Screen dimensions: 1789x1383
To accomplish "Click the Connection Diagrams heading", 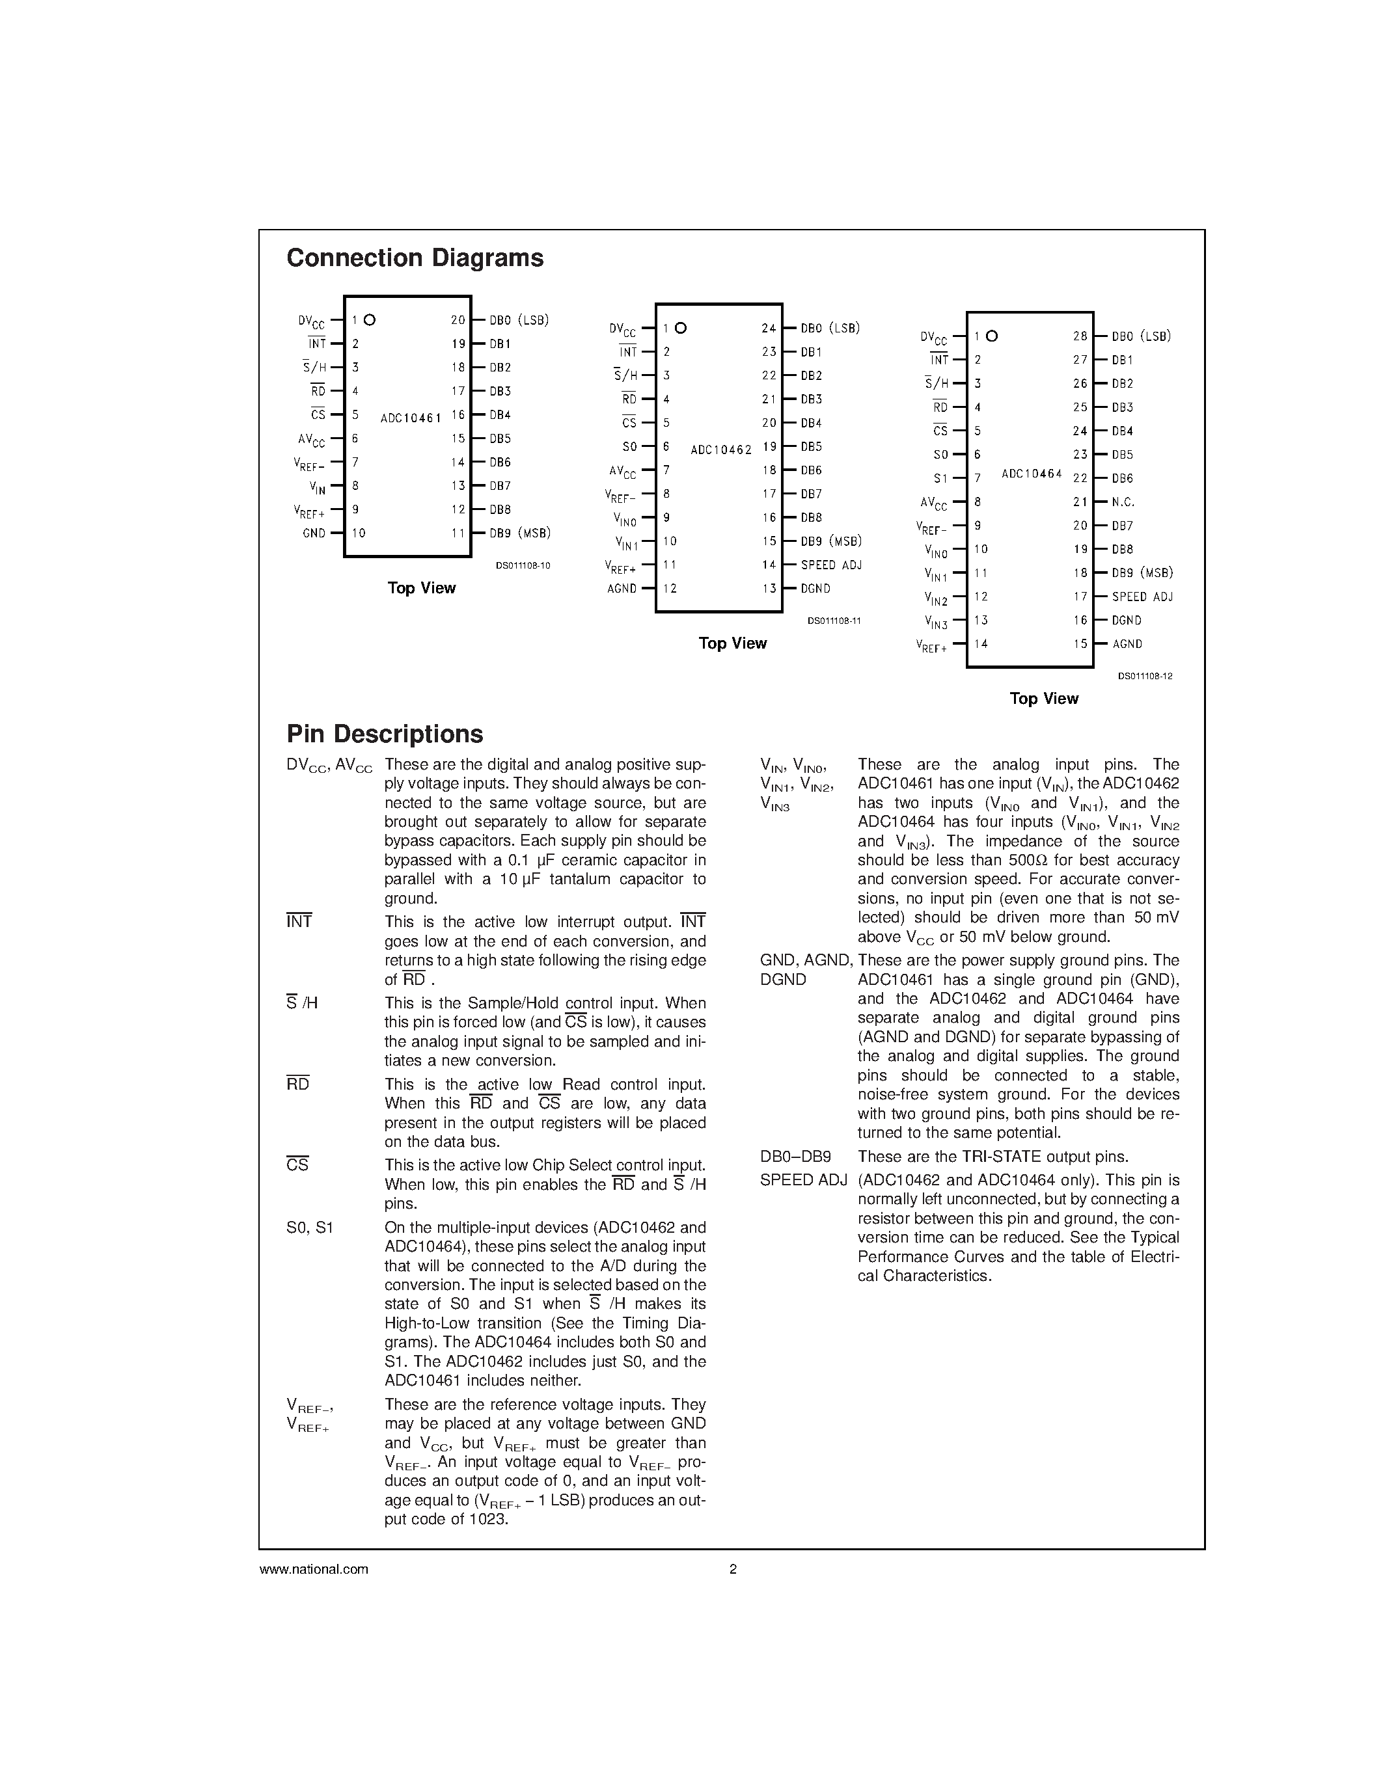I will [415, 258].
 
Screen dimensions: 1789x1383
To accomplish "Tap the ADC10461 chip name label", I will [411, 418].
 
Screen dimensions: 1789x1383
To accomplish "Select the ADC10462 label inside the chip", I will [721, 450].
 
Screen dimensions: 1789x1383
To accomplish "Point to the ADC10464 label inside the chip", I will [1032, 474].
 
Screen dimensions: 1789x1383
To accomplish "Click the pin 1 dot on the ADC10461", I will [370, 320].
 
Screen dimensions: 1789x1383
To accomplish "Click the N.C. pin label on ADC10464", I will [1123, 502].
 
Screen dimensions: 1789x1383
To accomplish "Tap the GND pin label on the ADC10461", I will [314, 533].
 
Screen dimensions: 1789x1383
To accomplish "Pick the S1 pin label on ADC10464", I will [940, 478].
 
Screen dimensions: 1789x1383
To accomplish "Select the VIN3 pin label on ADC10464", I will [936, 623].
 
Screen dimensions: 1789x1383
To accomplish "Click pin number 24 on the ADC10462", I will [768, 329].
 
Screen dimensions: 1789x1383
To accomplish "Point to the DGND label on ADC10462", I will [815, 589].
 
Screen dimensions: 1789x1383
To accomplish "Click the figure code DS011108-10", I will [523, 565].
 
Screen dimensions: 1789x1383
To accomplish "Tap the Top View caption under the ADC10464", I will [1043, 699].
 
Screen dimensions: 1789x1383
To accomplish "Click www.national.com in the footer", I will [314, 1570].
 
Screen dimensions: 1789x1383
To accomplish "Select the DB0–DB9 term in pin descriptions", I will [795, 1157].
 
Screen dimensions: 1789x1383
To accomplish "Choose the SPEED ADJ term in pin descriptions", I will [803, 1180].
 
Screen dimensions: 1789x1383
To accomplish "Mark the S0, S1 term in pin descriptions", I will [310, 1228].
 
